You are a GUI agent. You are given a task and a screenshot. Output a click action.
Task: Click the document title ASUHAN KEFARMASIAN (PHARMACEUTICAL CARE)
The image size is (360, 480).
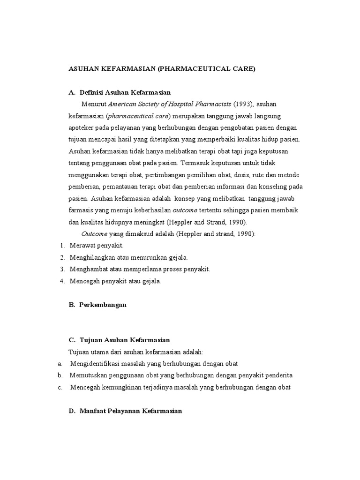(x=162, y=68)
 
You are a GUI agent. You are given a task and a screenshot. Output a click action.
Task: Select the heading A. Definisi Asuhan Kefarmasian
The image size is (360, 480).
(x=120, y=92)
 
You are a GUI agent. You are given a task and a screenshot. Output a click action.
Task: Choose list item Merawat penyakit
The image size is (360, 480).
(x=96, y=245)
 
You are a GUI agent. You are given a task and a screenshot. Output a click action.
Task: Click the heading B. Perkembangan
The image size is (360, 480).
(x=97, y=305)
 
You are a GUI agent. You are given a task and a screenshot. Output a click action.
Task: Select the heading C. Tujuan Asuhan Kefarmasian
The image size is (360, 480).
(x=119, y=340)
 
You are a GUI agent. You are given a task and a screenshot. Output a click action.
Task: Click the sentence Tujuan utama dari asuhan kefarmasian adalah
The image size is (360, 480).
(x=136, y=352)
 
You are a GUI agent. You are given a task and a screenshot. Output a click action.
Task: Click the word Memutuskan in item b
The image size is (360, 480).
(x=86, y=375)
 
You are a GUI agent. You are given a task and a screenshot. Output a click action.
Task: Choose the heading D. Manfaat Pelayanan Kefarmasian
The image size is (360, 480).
(x=125, y=411)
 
